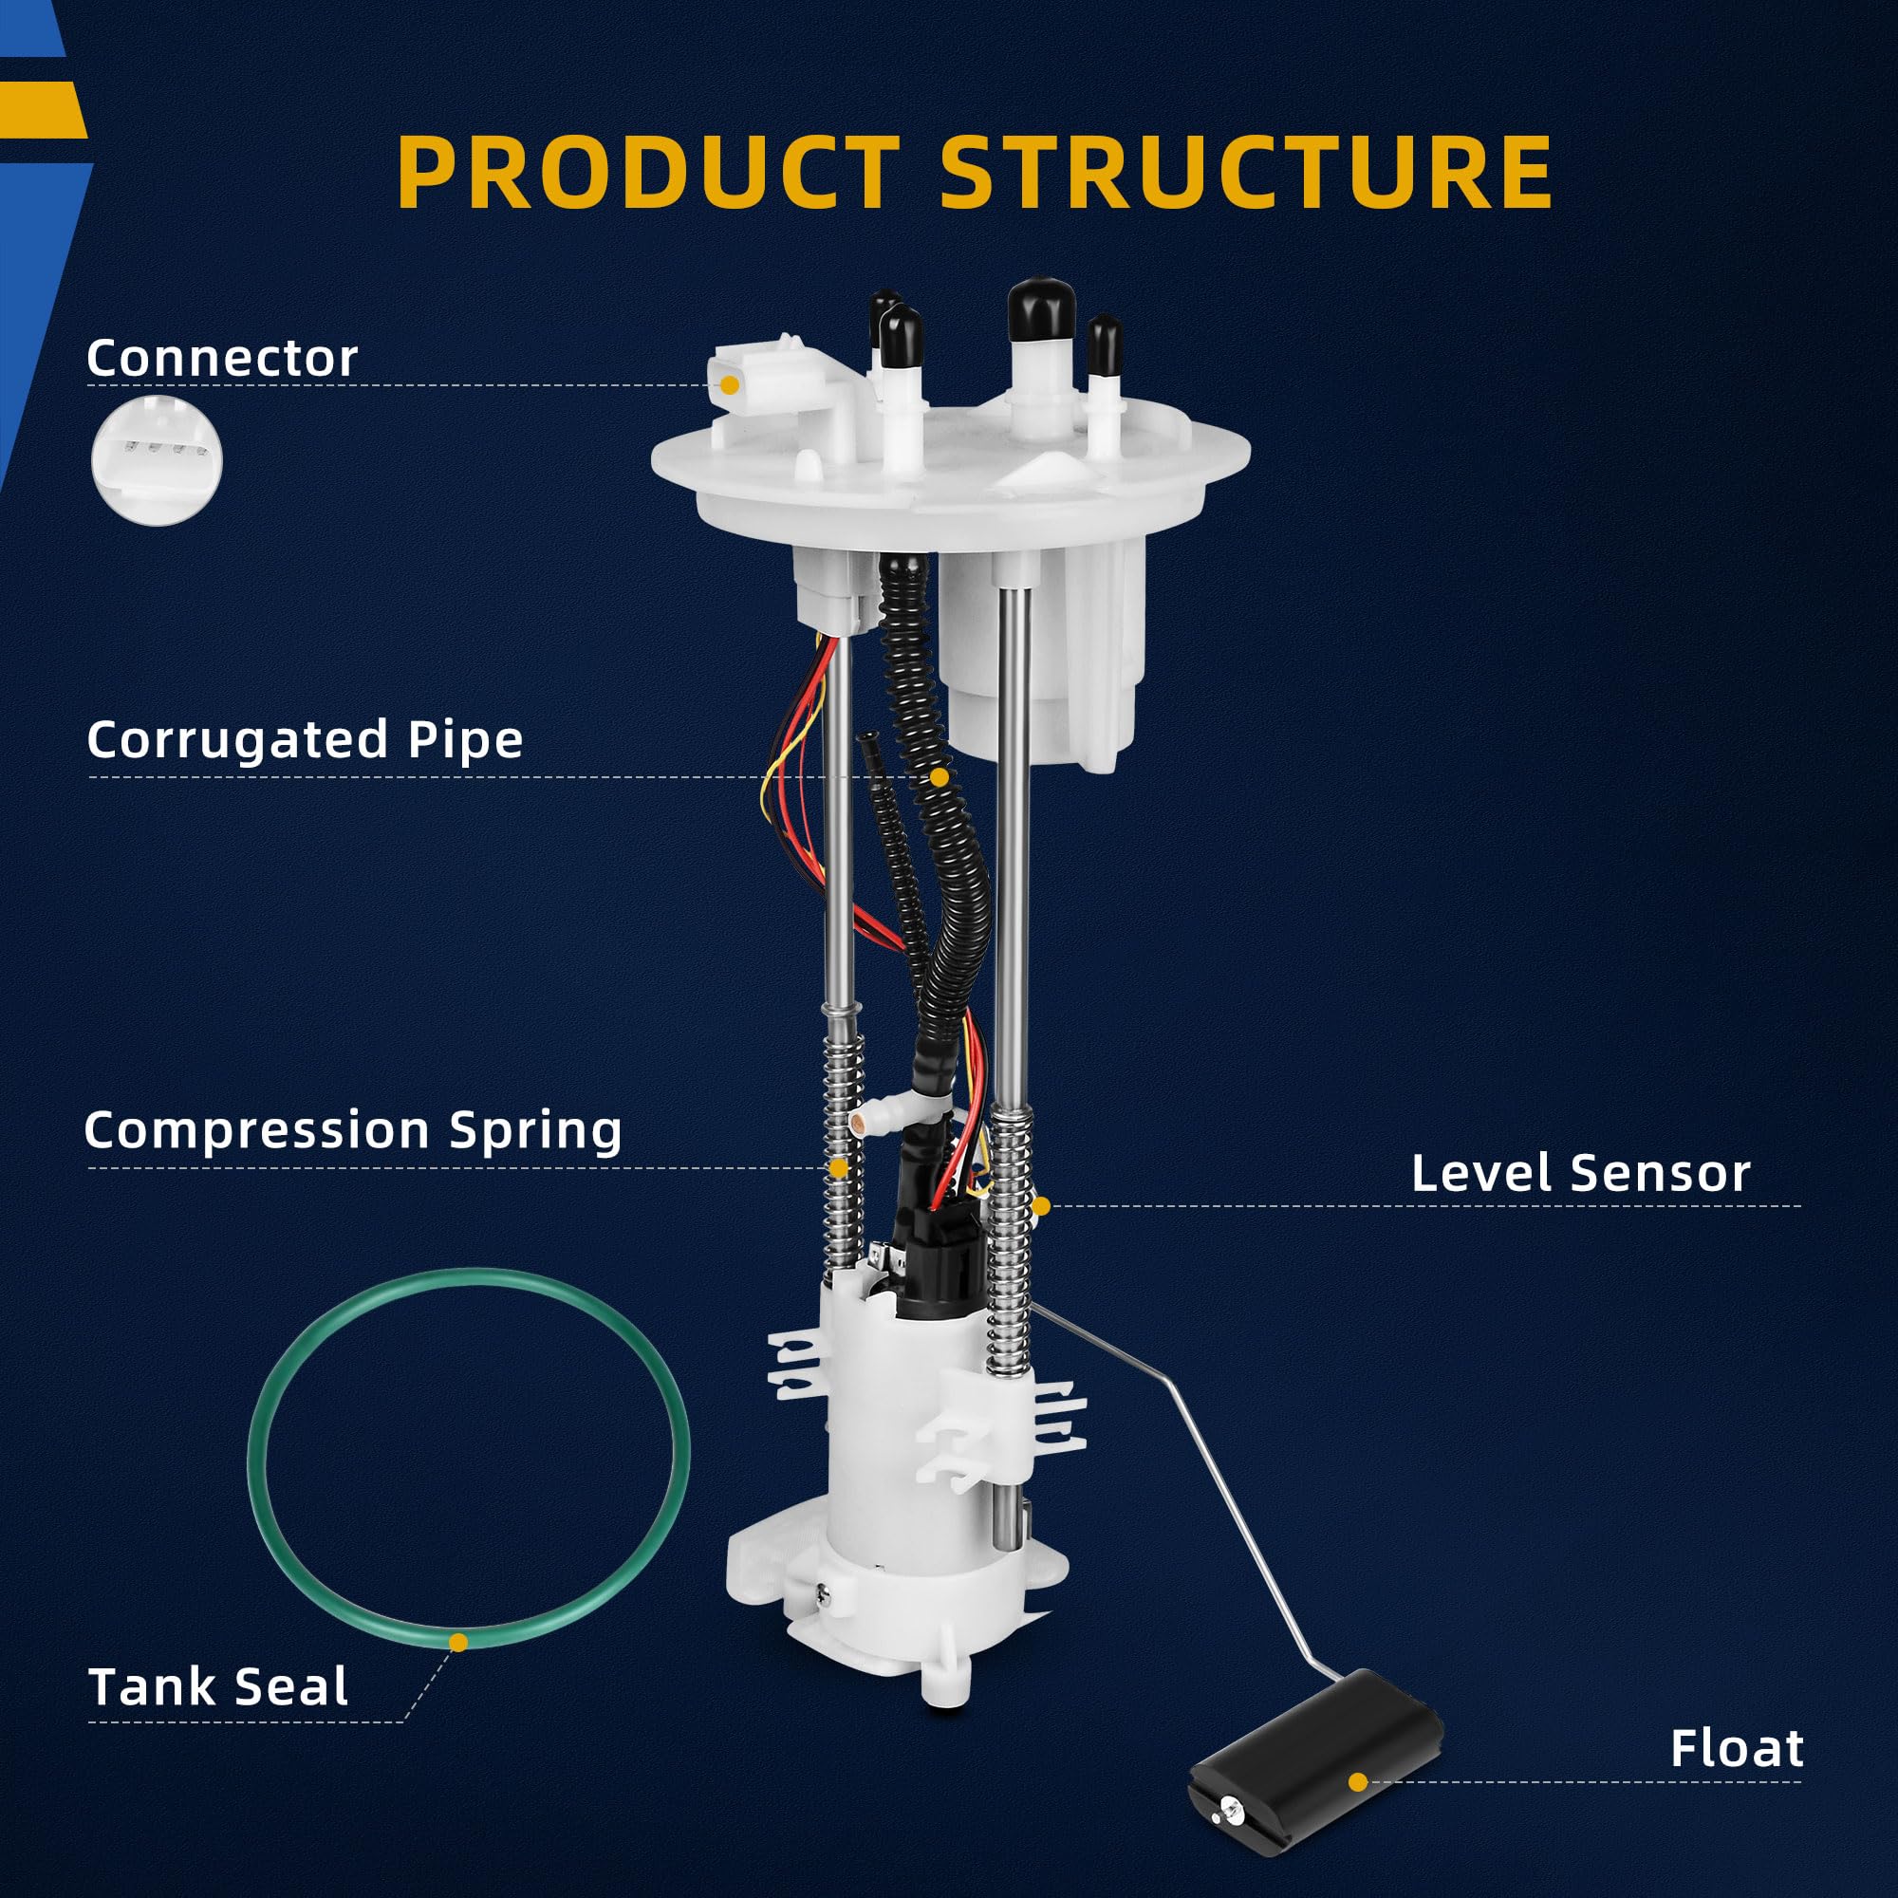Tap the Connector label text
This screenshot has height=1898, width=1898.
click(x=222, y=359)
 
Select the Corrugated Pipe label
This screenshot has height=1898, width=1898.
click(x=305, y=740)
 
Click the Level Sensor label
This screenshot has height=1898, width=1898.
click(x=1581, y=1173)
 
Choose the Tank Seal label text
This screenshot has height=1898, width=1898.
click(x=218, y=1686)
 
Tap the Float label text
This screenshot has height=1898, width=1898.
click(x=1737, y=1749)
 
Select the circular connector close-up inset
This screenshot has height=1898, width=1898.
click(x=158, y=461)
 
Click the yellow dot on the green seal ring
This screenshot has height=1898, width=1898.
click(x=457, y=1642)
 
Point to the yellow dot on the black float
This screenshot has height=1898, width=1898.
click(x=1358, y=1781)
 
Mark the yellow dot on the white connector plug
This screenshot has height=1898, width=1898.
click(x=729, y=386)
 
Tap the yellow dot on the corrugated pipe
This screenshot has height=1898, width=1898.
click(x=940, y=777)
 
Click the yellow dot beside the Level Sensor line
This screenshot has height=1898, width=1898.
click(x=1041, y=1205)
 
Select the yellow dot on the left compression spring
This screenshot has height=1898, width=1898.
click(x=838, y=1168)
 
